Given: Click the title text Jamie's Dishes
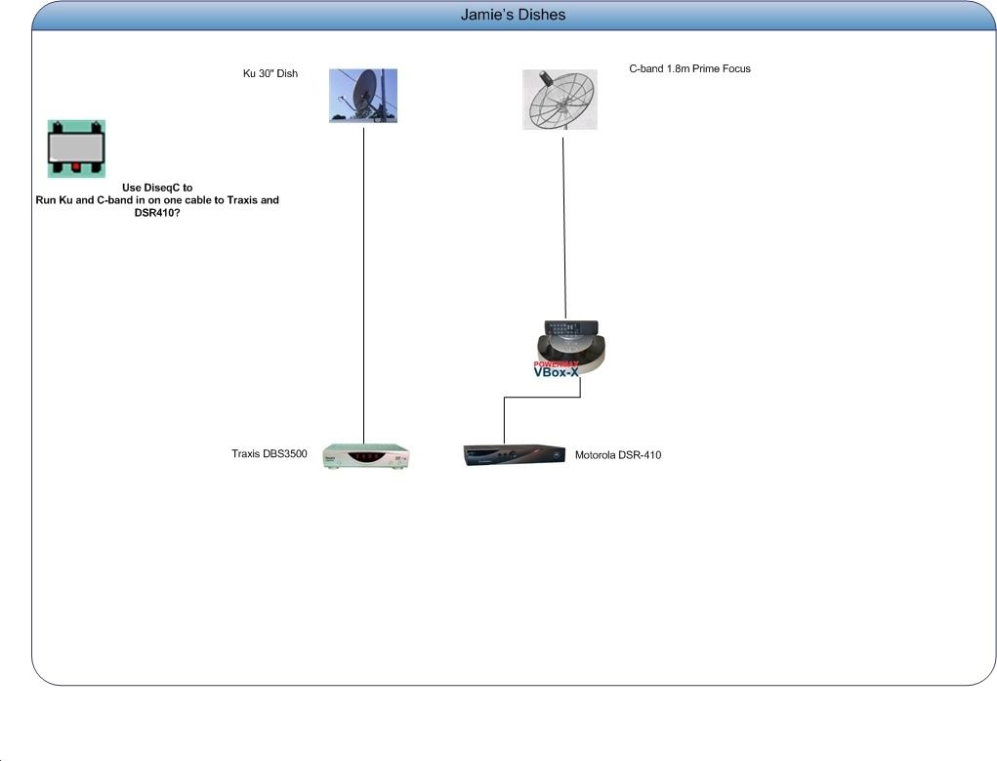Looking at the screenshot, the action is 513,15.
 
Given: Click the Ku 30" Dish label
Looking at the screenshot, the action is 270,74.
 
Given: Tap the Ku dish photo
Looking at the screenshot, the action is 363,96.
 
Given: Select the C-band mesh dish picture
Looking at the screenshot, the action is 560,100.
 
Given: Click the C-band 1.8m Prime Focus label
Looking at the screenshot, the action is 689,68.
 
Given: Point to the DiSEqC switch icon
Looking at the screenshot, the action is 76,148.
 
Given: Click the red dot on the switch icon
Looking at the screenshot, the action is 75,167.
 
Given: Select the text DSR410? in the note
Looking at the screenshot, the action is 157,213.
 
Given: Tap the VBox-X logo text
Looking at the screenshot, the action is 557,372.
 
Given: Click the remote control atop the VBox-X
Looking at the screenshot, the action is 571,327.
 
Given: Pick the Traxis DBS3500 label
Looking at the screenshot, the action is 269,453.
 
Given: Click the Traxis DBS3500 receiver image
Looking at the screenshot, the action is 366,456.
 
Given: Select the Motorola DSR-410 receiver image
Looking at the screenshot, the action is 515,455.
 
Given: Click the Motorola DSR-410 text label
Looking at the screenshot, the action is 618,455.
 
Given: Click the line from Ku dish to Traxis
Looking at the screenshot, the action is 363,285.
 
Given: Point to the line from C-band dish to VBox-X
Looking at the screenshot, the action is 564,228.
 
